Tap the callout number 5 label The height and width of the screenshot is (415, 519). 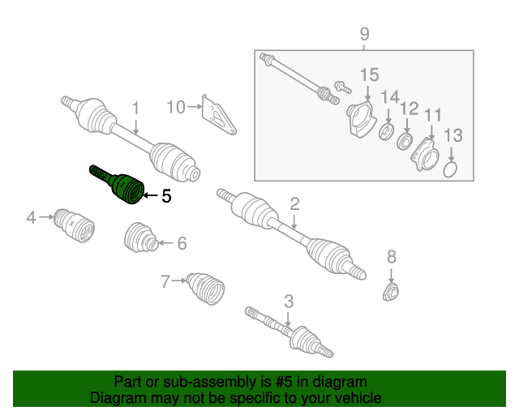click(x=166, y=195)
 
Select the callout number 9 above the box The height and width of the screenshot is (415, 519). click(x=364, y=34)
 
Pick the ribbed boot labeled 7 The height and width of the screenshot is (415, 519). click(x=205, y=288)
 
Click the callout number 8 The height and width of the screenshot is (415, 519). click(x=392, y=257)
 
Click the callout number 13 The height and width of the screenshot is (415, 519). click(x=453, y=135)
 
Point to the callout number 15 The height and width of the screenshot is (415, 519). click(x=369, y=75)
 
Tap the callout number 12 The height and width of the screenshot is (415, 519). click(x=409, y=107)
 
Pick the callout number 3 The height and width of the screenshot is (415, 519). click(x=288, y=302)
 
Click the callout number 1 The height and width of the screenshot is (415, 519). click(x=136, y=106)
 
